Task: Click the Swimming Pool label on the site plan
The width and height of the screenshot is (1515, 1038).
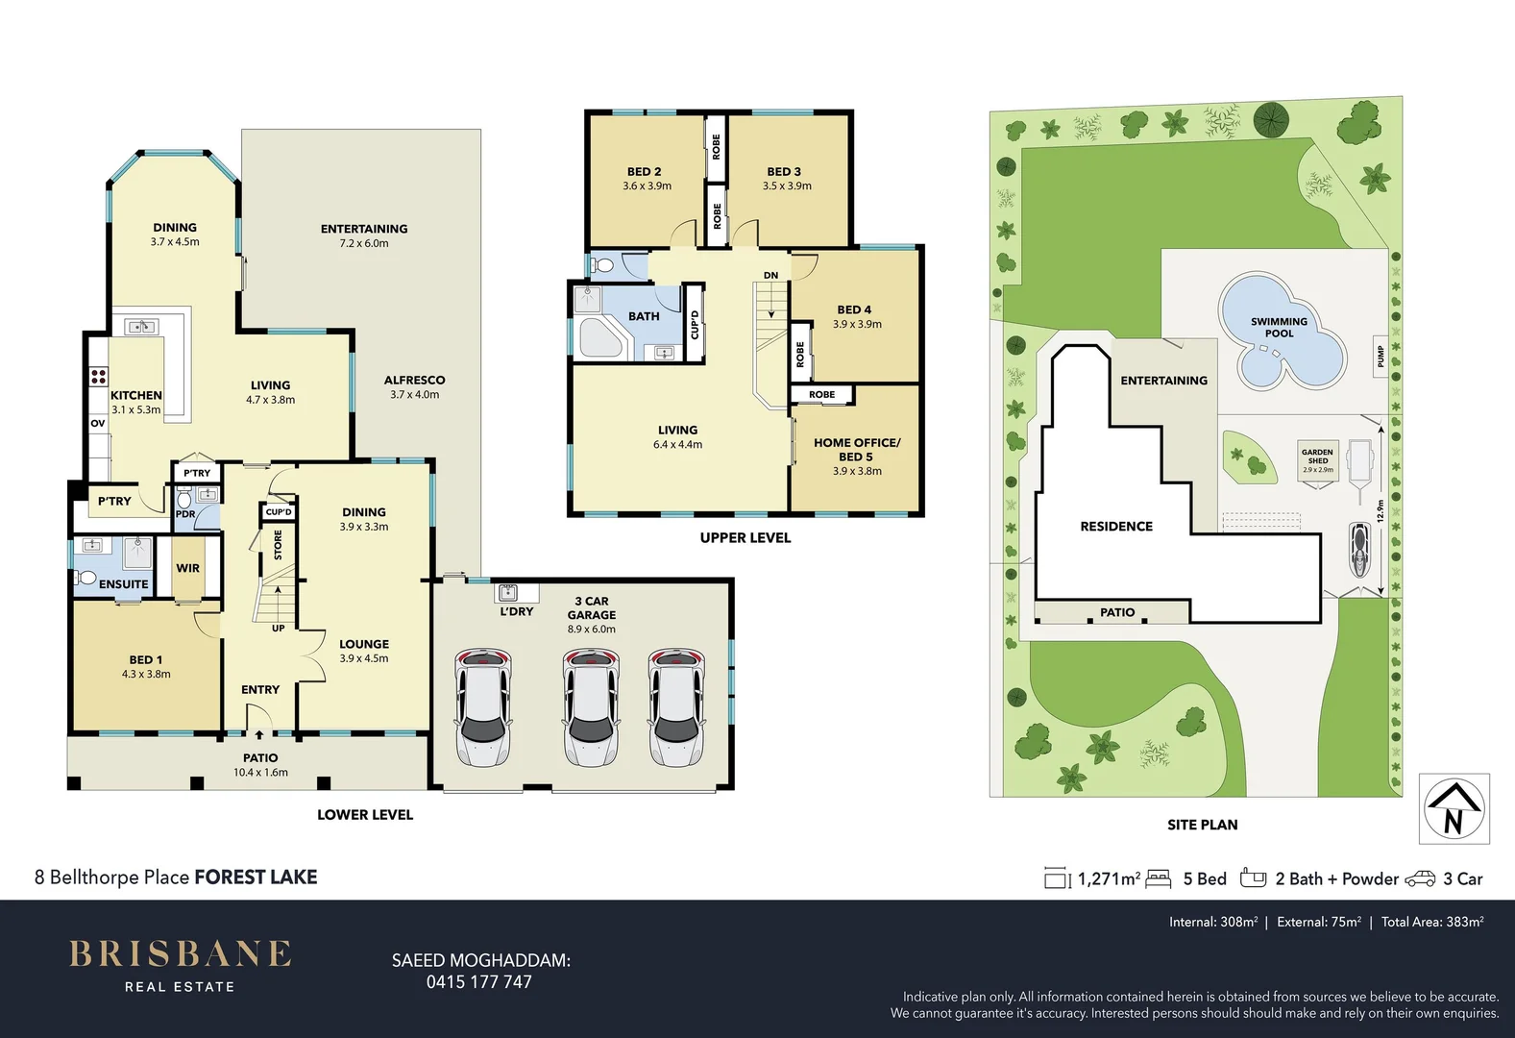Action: [1279, 328]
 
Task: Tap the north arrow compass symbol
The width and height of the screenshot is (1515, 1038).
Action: [1454, 808]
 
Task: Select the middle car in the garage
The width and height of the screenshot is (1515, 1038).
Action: [590, 708]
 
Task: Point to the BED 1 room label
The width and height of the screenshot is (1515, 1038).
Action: [146, 666]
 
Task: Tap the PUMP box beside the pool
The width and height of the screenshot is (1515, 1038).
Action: [1381, 357]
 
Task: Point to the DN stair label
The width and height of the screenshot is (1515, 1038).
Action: [770, 276]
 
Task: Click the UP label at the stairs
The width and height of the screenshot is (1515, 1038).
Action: [278, 629]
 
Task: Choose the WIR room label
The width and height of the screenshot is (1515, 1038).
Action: [188, 568]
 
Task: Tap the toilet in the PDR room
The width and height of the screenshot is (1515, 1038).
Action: [184, 501]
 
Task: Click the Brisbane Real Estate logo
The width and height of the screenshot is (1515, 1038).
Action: [180, 964]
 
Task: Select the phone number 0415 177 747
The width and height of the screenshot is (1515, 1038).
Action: [478, 982]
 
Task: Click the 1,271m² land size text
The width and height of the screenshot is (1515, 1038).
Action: [1109, 878]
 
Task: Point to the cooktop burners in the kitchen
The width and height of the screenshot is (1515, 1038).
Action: [99, 376]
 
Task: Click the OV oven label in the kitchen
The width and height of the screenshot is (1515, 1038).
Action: [98, 423]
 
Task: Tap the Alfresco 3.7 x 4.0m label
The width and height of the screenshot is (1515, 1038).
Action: [414, 386]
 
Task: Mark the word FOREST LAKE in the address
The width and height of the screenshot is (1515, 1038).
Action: [256, 877]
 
